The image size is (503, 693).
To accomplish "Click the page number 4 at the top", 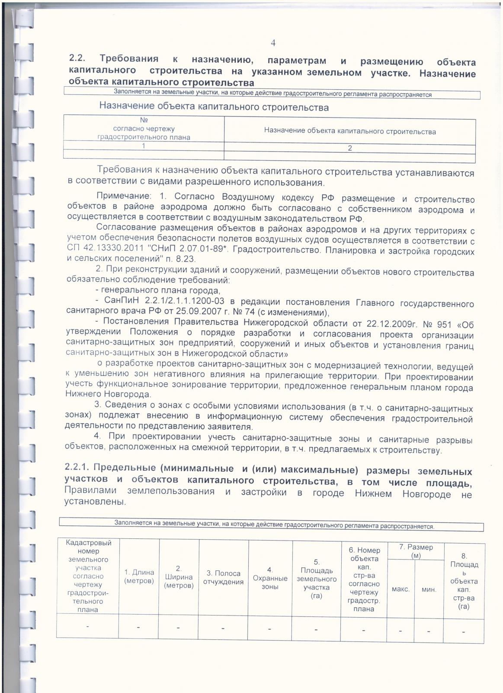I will click(x=273, y=42).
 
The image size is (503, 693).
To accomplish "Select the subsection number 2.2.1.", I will click(x=77, y=468).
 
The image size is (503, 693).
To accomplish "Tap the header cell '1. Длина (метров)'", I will click(x=139, y=576).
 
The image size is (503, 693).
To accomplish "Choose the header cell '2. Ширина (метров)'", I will click(x=179, y=576).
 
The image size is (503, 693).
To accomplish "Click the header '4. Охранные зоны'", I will click(x=270, y=578).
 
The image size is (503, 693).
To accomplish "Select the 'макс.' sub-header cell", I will click(x=400, y=589).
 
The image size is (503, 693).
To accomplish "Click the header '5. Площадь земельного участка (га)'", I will click(x=316, y=579).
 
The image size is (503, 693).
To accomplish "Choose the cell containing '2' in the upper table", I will click(x=349, y=148).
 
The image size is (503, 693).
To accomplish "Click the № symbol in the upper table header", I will click(x=144, y=120).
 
